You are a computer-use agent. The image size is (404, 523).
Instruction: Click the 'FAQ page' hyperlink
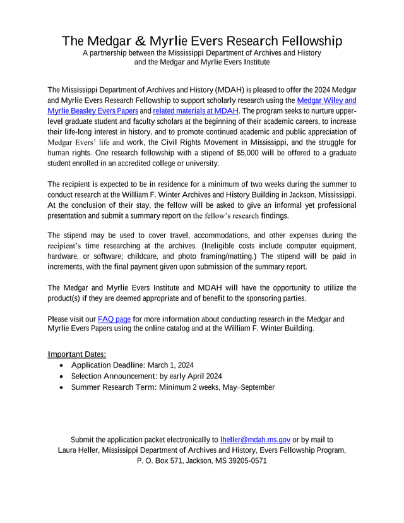pyautogui.click(x=114, y=319)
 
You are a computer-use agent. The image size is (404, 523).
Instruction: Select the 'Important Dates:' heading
pyautogui.click(x=77, y=354)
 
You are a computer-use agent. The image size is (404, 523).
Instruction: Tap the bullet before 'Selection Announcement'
pyautogui.click(x=60, y=376)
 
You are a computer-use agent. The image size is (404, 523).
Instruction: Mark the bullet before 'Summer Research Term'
pyautogui.click(x=60, y=387)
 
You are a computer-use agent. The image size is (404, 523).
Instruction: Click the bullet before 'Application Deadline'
pyautogui.click(x=60, y=366)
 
